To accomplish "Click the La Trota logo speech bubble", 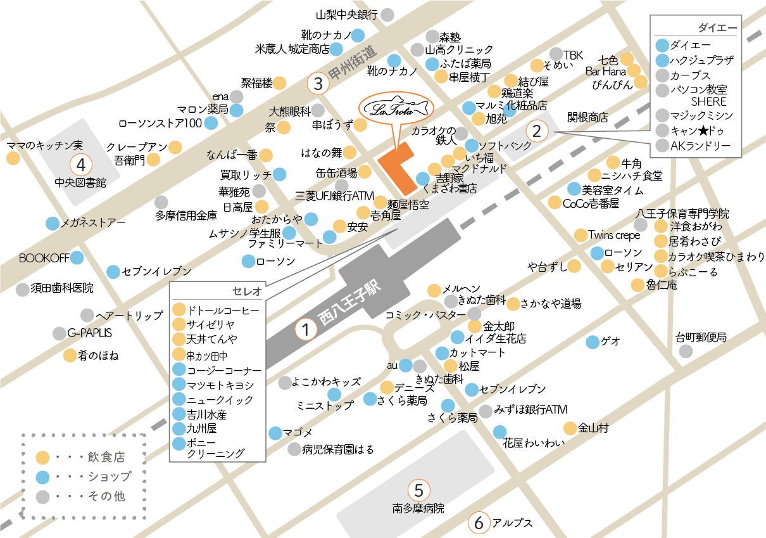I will click(x=394, y=108).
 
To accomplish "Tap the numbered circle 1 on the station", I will click(x=306, y=330).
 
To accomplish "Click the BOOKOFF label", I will click(x=43, y=258).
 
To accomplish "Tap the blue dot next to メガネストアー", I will click(x=53, y=223).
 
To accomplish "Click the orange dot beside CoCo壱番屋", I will click(x=555, y=203).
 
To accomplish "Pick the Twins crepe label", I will click(x=614, y=235).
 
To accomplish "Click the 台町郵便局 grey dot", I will click(x=686, y=350).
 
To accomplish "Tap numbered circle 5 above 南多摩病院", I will click(x=418, y=490).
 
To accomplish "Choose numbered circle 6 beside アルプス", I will click(x=479, y=523).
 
